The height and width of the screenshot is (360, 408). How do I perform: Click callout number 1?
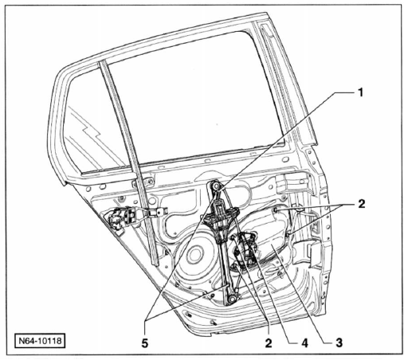point(360,93)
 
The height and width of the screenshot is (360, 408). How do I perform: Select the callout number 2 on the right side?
point(362,204)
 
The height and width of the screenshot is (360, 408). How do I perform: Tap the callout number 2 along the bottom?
point(269,343)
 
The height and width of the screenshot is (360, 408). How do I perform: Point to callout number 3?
point(339,343)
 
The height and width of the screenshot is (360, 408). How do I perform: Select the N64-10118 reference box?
point(40,340)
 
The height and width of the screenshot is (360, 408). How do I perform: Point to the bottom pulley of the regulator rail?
point(232,299)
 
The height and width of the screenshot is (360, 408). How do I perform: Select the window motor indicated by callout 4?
point(245,248)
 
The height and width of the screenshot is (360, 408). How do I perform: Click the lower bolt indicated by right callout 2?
point(289,234)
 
